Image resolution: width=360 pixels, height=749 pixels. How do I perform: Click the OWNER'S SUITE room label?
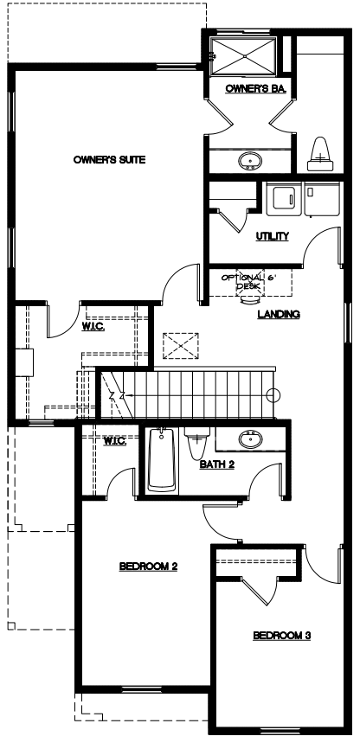click(109, 160)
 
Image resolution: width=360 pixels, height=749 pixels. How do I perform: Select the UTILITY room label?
click(272, 236)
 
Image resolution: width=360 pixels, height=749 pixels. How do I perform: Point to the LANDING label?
click(279, 314)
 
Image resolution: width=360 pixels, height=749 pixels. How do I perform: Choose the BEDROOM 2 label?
click(148, 567)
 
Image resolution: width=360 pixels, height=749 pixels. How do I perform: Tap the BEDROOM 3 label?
click(282, 636)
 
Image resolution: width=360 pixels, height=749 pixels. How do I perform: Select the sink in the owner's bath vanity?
click(249, 161)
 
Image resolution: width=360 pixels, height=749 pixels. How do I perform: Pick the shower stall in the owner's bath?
click(244, 56)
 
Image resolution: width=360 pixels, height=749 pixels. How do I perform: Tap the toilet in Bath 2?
click(197, 443)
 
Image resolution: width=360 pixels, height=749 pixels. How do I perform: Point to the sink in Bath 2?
click(250, 439)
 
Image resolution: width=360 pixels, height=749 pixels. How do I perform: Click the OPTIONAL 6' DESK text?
click(243, 282)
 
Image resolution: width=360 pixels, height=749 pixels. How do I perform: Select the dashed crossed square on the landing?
click(181, 345)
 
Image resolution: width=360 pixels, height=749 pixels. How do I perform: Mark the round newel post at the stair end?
click(273, 395)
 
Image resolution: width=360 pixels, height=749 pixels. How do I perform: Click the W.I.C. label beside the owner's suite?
click(93, 326)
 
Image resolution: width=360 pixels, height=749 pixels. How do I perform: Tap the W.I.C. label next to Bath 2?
click(115, 441)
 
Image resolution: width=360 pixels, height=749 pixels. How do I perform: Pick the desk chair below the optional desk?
click(250, 298)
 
